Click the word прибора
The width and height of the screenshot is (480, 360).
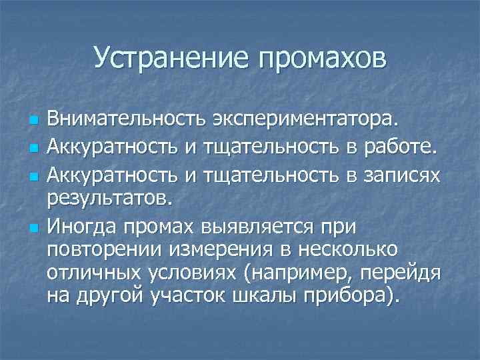point(354,297)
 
